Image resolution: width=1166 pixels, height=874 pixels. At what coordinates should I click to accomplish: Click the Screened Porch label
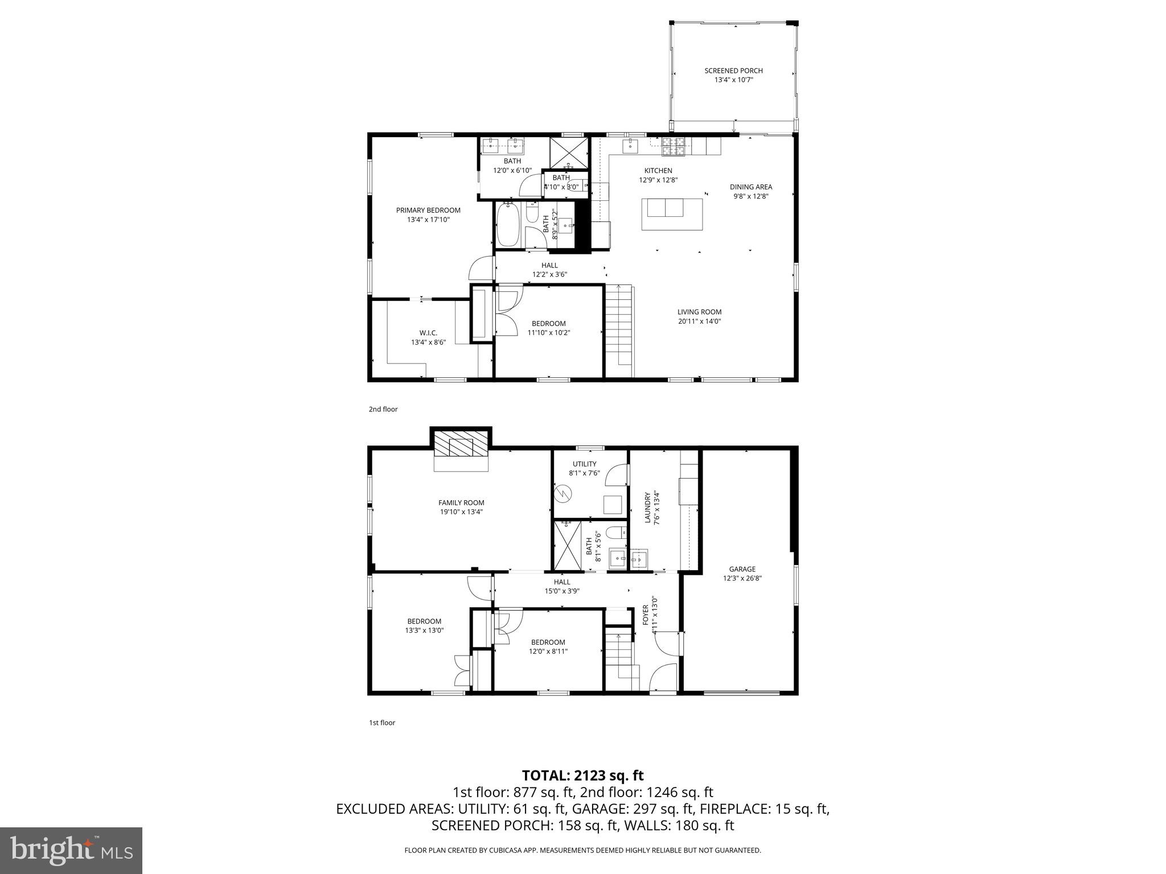(733, 71)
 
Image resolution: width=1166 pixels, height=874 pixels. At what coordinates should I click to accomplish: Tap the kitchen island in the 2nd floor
(672, 214)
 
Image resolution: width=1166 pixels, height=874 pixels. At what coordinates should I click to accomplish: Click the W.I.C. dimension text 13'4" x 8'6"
(428, 342)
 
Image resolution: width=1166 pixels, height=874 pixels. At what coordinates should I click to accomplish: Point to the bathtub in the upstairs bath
(508, 225)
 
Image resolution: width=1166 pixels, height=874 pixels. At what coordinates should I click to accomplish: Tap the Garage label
(742, 569)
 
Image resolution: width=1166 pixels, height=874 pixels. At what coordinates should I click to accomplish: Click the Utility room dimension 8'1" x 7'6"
(584, 473)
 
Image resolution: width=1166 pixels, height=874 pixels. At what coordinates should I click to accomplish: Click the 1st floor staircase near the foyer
(618, 654)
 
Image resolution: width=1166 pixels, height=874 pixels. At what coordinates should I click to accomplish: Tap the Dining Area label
(751, 187)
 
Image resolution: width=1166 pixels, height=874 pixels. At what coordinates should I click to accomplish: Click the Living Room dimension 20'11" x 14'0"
(699, 321)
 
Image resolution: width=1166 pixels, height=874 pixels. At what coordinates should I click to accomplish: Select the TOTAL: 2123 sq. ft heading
(582, 775)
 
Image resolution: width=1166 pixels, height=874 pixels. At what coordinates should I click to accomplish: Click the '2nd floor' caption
(383, 409)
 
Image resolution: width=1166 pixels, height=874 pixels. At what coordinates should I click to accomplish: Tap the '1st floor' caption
(382, 723)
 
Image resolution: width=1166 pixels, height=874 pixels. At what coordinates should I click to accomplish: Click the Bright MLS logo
(71, 851)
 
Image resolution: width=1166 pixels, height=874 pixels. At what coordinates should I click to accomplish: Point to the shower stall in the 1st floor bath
(568, 545)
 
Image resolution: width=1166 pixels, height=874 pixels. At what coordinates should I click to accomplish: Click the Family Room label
(461, 502)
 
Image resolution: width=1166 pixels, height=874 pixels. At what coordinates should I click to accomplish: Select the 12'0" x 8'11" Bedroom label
(548, 646)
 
